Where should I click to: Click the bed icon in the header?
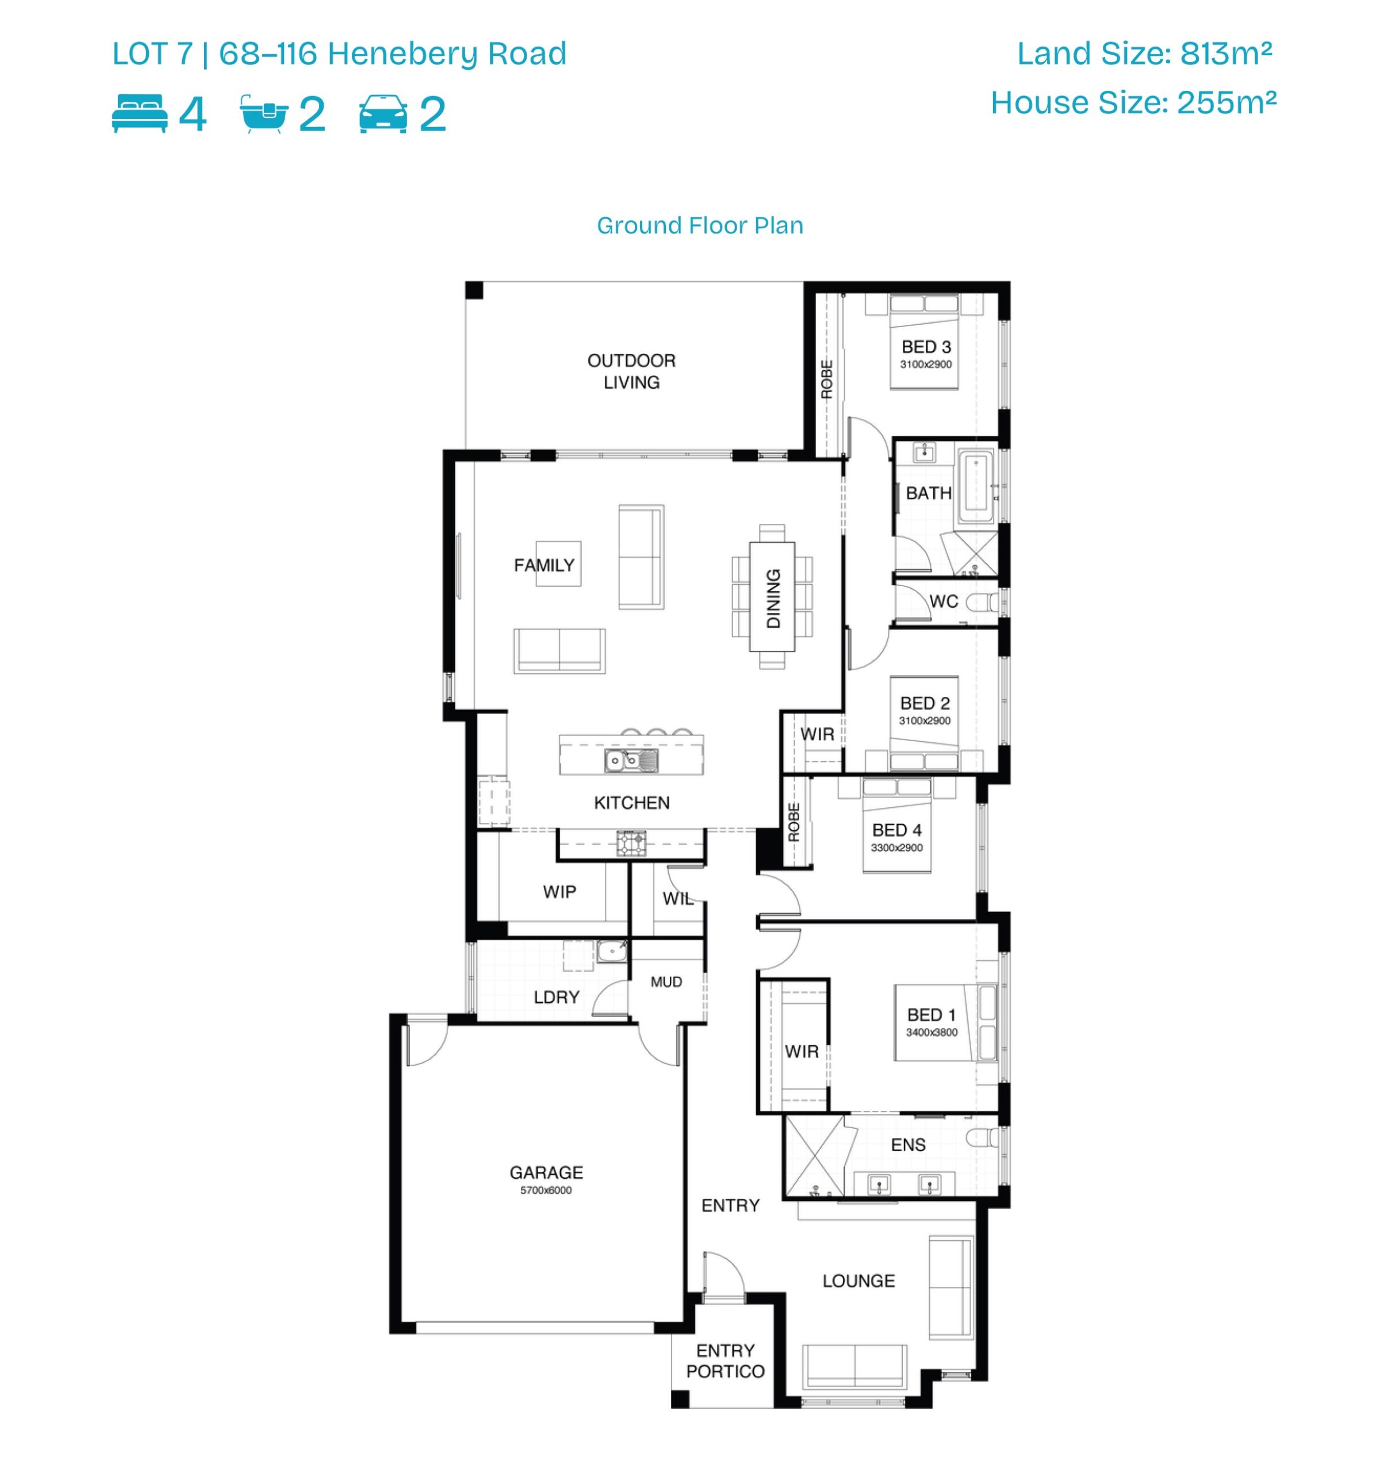[140, 114]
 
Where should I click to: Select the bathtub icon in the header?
[263, 114]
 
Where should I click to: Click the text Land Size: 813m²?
[1145, 53]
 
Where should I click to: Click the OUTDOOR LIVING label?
[631, 371]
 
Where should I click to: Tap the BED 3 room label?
[926, 347]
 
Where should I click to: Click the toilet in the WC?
[982, 602]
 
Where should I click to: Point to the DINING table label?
[773, 598]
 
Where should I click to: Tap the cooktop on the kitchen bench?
[631, 844]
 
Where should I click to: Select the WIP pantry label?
[559, 892]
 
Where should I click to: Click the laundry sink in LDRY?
[611, 950]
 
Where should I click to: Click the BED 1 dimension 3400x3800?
[932, 1032]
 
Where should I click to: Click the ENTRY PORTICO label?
[725, 1361]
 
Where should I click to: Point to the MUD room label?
[666, 982]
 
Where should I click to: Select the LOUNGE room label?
[858, 1281]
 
